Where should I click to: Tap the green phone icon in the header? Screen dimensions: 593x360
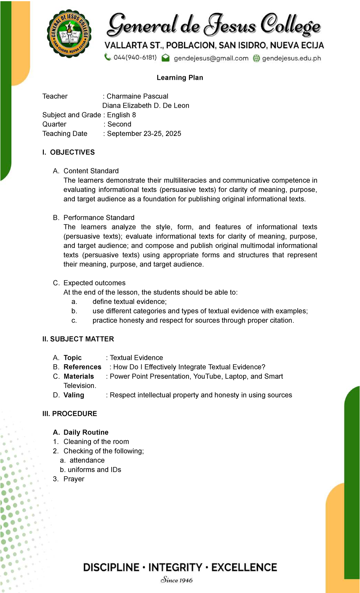107,57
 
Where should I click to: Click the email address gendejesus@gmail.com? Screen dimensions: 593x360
211,58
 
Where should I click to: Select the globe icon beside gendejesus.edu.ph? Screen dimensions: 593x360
256,58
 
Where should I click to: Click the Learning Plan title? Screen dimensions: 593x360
180,78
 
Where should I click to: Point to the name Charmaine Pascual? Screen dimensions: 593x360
137,96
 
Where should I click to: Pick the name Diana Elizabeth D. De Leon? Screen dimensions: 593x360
146,106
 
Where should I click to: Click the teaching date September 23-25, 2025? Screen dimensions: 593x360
144,134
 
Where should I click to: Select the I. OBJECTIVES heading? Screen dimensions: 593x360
69,152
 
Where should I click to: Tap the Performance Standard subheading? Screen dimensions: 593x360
99,218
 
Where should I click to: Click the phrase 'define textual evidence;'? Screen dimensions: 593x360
129,302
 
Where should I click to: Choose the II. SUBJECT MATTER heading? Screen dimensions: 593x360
78,339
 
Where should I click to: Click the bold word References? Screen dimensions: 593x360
82,367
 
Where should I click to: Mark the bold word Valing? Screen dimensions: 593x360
74,395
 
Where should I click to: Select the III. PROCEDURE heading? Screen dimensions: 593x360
70,414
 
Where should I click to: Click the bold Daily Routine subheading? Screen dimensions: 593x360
86,432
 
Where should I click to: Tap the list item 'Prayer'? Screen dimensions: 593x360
74,479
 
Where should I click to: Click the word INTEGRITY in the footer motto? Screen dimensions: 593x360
175,567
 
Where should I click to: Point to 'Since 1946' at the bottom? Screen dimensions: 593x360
177,580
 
